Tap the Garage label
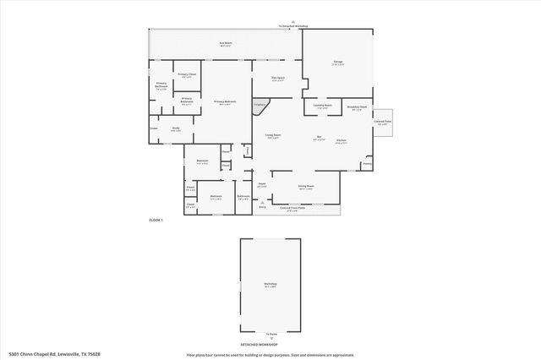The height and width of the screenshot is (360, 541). click(337, 63)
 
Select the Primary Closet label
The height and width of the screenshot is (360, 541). click(187, 76)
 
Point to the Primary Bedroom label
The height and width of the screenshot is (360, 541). click(225, 102)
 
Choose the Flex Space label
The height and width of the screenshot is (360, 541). click(277, 79)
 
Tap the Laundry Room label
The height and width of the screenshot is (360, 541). click(323, 107)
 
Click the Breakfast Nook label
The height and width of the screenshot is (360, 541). click(358, 108)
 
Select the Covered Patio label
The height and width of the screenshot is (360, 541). click(382, 123)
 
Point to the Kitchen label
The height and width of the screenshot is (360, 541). click(341, 141)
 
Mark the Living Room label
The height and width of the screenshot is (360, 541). click(273, 136)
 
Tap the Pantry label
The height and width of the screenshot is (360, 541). click(367, 164)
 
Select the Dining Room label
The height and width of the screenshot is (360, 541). click(306, 187)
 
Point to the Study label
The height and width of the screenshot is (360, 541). click(176, 129)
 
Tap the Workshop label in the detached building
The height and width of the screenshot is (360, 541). click(270, 285)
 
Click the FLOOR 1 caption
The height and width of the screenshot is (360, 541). click(156, 220)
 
